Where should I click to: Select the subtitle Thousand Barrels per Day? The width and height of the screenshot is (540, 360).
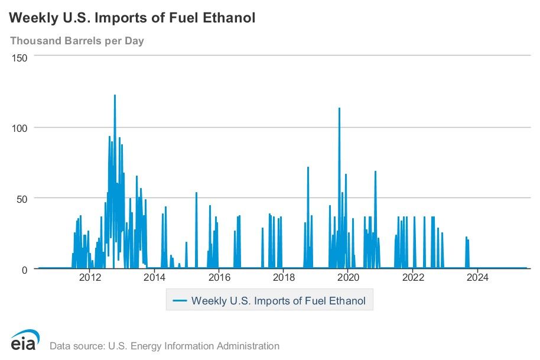[77, 41]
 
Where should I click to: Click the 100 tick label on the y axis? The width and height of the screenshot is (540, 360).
[21, 128]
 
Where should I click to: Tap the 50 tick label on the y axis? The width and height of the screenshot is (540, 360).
[22, 198]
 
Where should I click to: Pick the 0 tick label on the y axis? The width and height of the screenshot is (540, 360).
[25, 270]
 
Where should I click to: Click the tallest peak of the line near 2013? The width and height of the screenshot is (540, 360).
[115, 95]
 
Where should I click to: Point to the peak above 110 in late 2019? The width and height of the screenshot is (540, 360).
[339, 108]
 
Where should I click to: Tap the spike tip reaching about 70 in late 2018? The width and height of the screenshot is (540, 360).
[308, 168]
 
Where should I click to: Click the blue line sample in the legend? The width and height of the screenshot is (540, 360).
[180, 301]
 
